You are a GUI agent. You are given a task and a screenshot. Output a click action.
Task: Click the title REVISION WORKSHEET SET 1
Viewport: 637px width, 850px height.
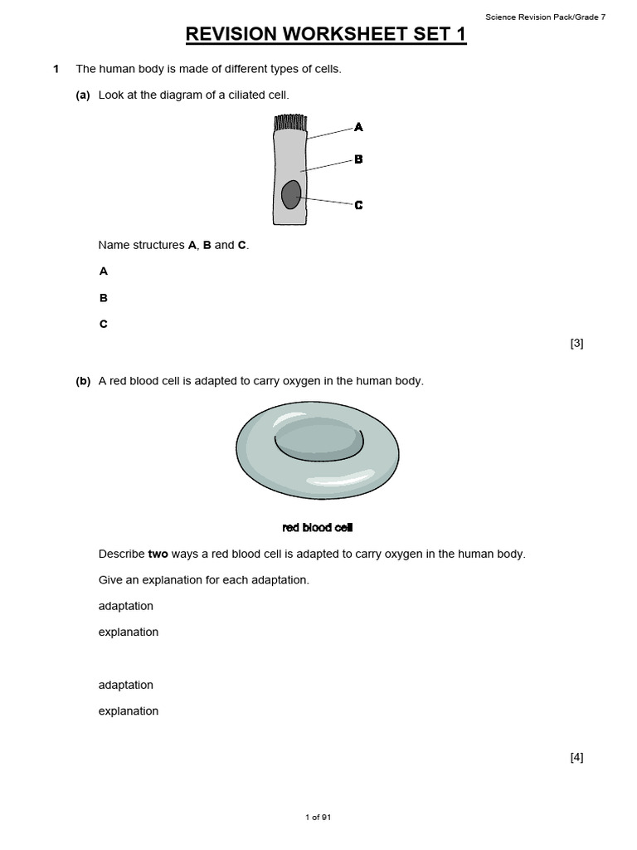(x=326, y=34)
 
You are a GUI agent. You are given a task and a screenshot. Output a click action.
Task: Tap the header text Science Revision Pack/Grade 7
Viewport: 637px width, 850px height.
(x=545, y=17)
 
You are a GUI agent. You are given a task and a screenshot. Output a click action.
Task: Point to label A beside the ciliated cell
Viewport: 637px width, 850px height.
(x=358, y=127)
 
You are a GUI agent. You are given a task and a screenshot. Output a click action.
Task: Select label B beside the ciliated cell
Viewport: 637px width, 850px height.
(x=358, y=159)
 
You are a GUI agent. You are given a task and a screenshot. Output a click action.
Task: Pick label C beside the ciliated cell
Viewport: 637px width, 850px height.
(x=358, y=205)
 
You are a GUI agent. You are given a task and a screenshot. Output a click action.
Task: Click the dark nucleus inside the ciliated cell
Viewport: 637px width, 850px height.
(x=290, y=195)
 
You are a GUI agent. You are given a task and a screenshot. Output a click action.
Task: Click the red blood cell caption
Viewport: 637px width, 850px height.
(x=318, y=528)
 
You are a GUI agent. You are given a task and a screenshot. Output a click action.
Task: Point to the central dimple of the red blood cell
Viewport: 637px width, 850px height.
(x=318, y=437)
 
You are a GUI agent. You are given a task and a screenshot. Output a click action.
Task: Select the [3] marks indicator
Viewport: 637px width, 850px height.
(x=576, y=343)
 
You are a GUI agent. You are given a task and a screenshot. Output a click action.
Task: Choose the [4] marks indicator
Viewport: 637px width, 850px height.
(x=576, y=757)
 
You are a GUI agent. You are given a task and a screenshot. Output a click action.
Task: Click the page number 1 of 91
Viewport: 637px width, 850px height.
(x=318, y=818)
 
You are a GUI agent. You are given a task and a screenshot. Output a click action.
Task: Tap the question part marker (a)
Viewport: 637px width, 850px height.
(x=83, y=95)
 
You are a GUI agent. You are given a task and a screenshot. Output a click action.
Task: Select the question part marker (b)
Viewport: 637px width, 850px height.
(x=83, y=381)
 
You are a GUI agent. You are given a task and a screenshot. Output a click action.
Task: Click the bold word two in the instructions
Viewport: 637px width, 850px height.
(x=158, y=554)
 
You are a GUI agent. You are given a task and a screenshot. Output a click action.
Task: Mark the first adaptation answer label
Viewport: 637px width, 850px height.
(x=125, y=606)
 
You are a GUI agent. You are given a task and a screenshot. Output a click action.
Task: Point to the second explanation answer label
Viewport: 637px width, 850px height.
(x=128, y=711)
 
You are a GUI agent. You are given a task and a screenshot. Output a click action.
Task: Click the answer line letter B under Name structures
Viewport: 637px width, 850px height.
(x=104, y=298)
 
